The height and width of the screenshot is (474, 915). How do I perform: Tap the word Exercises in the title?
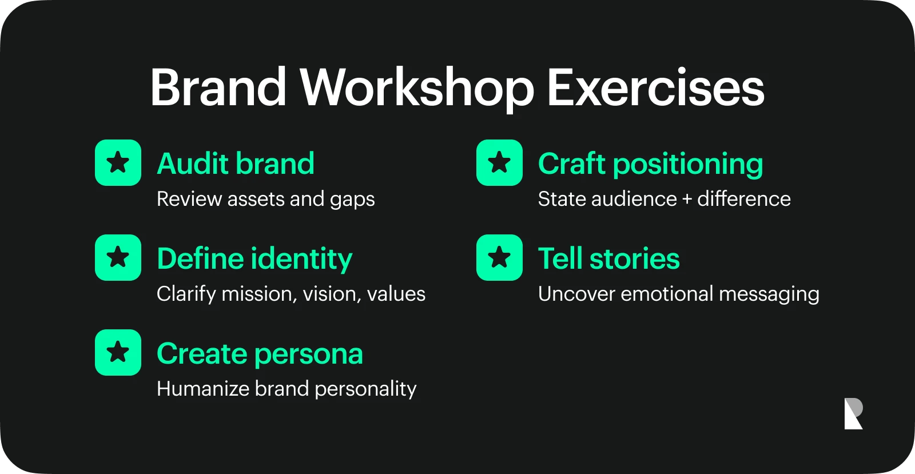coord(655,88)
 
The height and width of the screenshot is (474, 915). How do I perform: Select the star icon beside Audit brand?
coord(118,162)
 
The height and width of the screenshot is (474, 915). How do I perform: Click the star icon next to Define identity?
coord(118,257)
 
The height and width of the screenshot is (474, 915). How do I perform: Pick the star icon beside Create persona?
coord(118,352)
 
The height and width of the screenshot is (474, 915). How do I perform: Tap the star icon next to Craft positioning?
coord(499,162)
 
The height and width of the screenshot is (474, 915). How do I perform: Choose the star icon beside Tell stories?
coord(499,257)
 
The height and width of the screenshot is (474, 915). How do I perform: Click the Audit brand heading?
coord(236,164)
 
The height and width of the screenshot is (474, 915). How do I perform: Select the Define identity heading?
coord(254,259)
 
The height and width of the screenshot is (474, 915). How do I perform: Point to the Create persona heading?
coord(260,354)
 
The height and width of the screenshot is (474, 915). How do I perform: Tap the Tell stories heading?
coord(608,258)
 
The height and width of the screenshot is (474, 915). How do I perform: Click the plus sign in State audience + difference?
coord(687,199)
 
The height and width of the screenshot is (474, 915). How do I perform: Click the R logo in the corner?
coord(853,413)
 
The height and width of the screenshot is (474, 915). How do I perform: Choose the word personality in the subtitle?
coord(365,389)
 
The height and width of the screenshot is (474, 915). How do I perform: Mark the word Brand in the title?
coord(218,88)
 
